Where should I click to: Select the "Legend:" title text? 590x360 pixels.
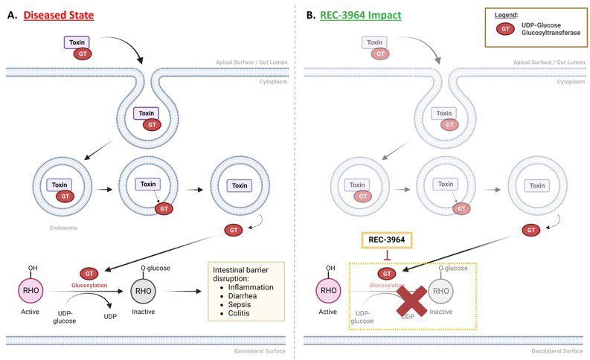(507, 16)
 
